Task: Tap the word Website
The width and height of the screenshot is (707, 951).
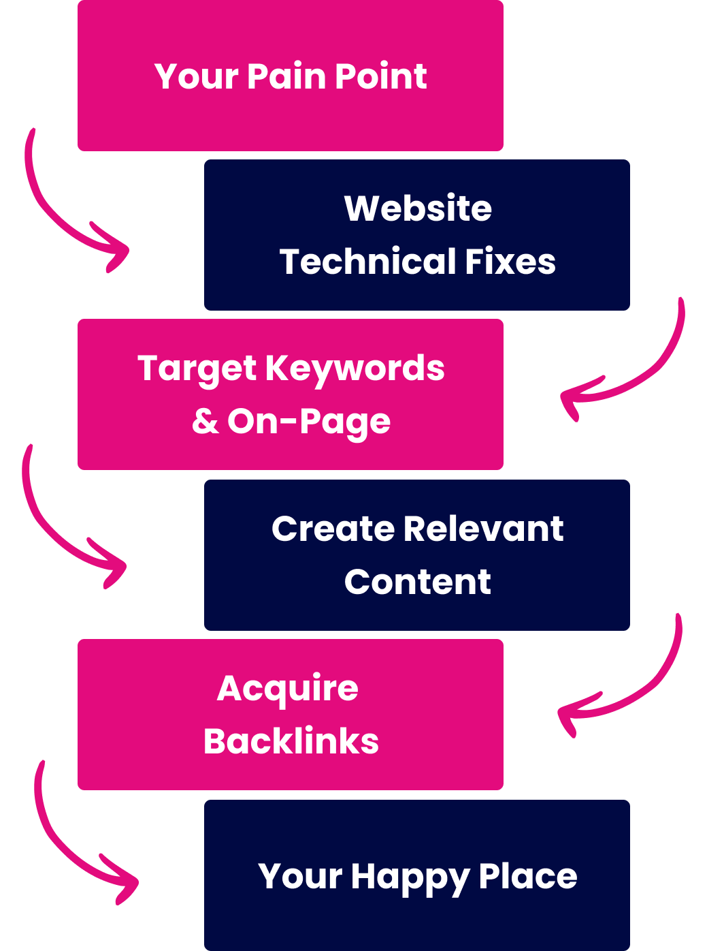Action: [418, 208]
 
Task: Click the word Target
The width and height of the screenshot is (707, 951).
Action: [197, 369]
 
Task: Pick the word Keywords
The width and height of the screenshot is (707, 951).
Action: [355, 369]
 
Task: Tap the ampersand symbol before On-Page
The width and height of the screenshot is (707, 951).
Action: [205, 422]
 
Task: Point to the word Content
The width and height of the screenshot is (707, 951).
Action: [417, 582]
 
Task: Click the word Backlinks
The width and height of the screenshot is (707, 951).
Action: [291, 741]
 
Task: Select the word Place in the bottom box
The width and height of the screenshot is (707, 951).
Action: [527, 876]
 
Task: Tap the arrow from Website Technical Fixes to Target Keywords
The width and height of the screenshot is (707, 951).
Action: [640, 375]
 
